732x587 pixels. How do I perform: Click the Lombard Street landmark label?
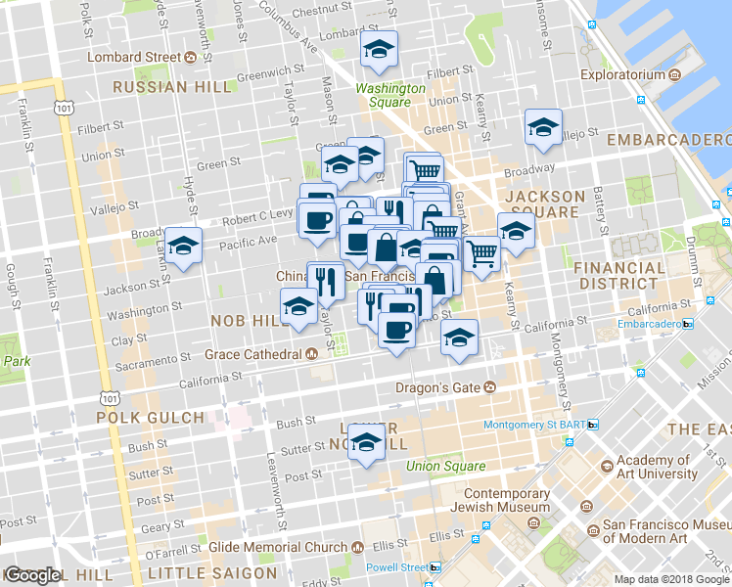134,57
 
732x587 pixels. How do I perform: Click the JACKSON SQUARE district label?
544,203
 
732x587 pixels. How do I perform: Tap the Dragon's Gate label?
437,386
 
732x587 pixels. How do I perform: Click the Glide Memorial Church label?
271,547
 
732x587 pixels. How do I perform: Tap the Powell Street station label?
396,567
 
